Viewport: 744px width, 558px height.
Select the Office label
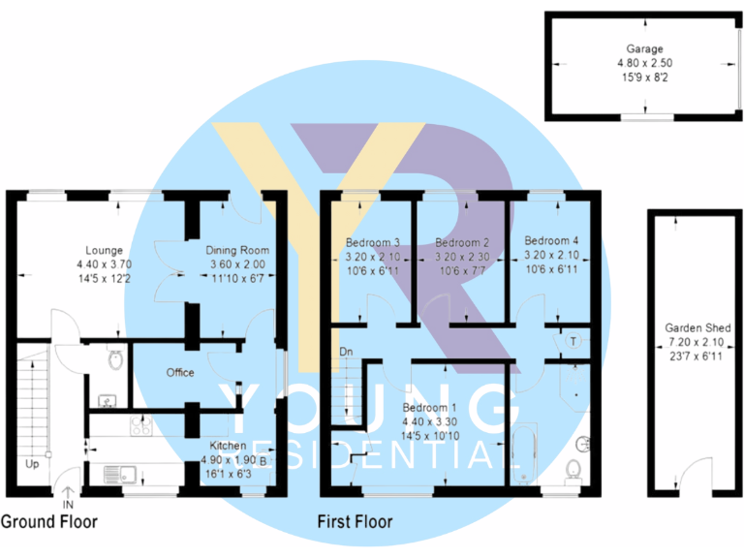coord(180,372)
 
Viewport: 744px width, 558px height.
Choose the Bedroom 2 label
coord(458,241)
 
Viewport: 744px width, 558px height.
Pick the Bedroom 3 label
coord(373,241)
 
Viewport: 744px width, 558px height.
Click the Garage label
coord(643,48)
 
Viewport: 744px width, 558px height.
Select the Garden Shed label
coord(697,328)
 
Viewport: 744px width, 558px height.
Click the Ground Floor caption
coord(48,521)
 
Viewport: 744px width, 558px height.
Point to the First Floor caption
coord(356,521)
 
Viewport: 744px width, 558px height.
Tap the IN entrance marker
coord(68,505)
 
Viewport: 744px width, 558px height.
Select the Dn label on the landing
coord(346,351)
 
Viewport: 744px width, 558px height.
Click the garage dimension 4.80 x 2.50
coord(643,62)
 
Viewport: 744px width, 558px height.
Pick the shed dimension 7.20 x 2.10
coord(697,343)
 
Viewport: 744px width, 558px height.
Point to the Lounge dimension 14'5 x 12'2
coord(105,278)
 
